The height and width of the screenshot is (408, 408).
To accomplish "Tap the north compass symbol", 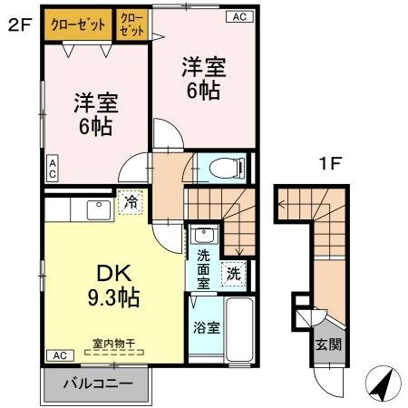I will [x=383, y=386].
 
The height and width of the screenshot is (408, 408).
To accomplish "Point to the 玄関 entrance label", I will [x=329, y=344].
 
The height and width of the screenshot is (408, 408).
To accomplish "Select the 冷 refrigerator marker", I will [x=131, y=202].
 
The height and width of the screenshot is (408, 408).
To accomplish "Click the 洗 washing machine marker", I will [x=233, y=270].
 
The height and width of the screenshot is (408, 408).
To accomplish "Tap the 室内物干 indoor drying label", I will [x=114, y=344].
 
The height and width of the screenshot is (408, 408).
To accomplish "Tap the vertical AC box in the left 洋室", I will [x=53, y=169].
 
